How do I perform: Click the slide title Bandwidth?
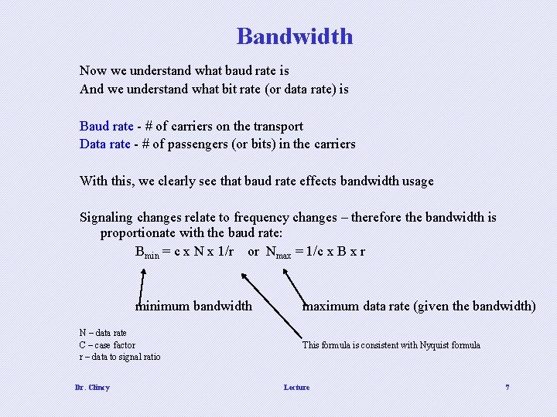pos(295,36)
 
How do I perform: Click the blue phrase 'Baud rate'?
pos(106,126)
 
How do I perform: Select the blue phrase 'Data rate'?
pos(105,144)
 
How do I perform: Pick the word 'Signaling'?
pos(106,217)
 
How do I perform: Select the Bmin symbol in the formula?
pos(147,252)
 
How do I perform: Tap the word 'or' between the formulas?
pos(253,251)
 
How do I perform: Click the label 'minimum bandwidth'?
pos(193,306)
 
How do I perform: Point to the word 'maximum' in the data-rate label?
pos(330,306)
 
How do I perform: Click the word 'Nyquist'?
pos(431,345)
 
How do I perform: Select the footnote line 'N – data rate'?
pos(103,333)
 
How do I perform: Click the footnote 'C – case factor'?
pos(107,345)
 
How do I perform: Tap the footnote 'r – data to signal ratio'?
pos(120,357)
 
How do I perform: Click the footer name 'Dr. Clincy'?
pos(92,387)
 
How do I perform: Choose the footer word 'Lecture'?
pos(296,387)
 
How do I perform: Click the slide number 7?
pos(507,387)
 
